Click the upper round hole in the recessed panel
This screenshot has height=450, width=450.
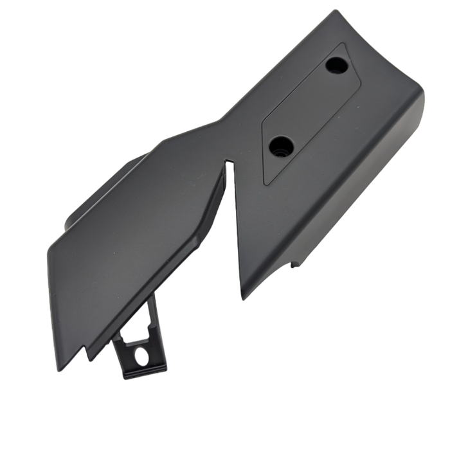click(x=335, y=65)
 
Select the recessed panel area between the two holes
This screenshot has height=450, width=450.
click(x=307, y=106)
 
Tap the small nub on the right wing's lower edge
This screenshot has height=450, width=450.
click(x=296, y=264)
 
